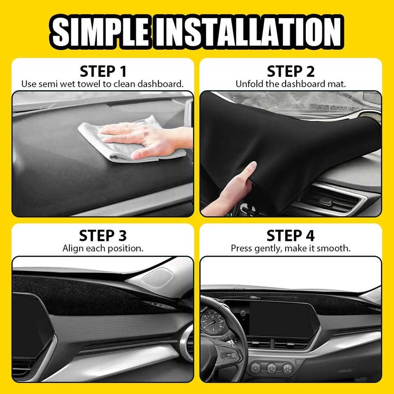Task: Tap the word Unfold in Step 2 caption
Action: pos(247,84)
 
